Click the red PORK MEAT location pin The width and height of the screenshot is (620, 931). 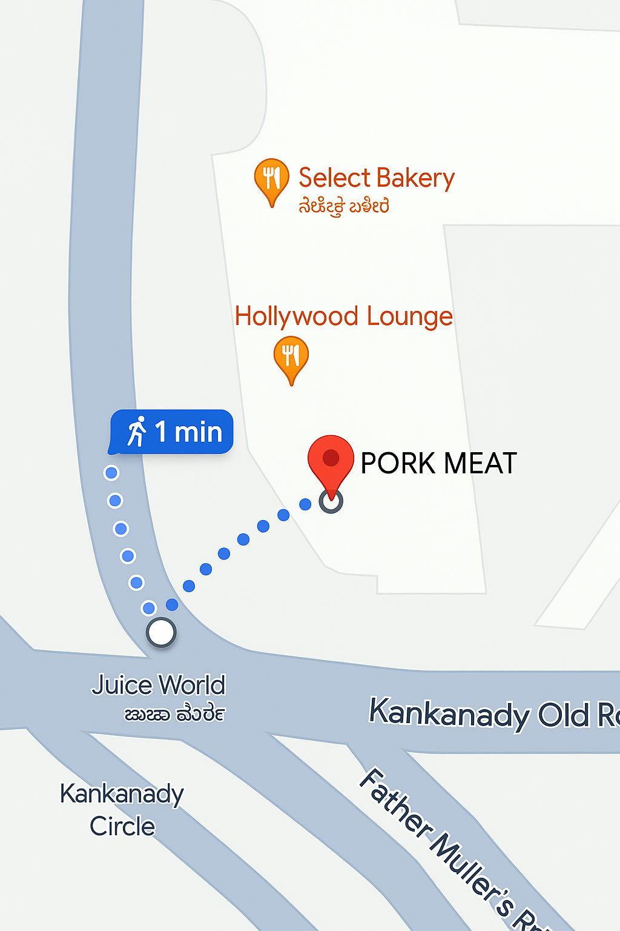(x=331, y=461)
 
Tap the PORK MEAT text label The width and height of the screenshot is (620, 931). (x=438, y=464)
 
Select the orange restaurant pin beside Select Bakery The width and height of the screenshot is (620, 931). (x=271, y=179)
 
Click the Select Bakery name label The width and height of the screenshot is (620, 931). (x=376, y=178)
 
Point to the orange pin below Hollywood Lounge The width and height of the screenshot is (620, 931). (x=291, y=358)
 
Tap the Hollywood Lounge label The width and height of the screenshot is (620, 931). (x=343, y=316)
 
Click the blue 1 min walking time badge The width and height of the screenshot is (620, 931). (x=172, y=432)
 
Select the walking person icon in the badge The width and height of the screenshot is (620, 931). (x=137, y=432)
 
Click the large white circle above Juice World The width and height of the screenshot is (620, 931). (x=161, y=632)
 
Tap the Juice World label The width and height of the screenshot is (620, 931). (x=159, y=686)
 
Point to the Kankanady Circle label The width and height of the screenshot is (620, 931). (x=122, y=810)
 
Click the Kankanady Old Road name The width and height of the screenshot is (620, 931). (x=493, y=713)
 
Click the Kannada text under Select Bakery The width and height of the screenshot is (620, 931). (x=343, y=207)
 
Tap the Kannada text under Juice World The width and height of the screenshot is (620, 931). (x=174, y=715)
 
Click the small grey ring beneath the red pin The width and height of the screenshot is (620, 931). (x=331, y=502)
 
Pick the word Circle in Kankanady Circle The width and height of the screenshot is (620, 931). (x=122, y=826)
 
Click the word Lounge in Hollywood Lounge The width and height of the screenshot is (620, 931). (x=409, y=316)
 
